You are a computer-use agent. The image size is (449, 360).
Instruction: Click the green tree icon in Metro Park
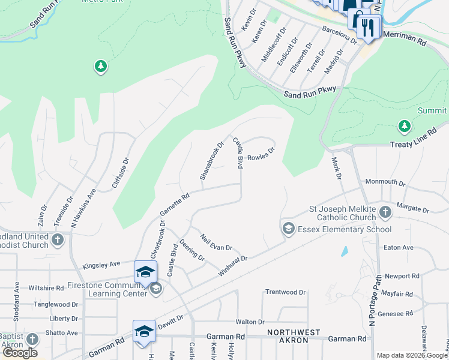101,66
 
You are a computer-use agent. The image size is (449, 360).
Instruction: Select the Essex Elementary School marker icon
288,228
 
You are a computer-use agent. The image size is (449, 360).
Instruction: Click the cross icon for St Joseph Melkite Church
385,212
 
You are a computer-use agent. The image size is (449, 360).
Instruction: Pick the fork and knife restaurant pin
368,28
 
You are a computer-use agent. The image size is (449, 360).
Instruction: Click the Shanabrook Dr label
211,161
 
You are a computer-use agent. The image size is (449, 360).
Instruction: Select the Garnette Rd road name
175,204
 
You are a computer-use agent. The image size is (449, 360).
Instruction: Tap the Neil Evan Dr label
216,243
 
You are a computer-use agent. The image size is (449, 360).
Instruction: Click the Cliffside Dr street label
121,174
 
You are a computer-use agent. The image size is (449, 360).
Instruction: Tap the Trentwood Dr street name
285,292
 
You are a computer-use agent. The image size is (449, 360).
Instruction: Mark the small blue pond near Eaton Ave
345,251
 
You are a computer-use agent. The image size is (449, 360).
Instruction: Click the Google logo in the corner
20,353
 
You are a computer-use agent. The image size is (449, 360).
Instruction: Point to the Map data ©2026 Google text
412,355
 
